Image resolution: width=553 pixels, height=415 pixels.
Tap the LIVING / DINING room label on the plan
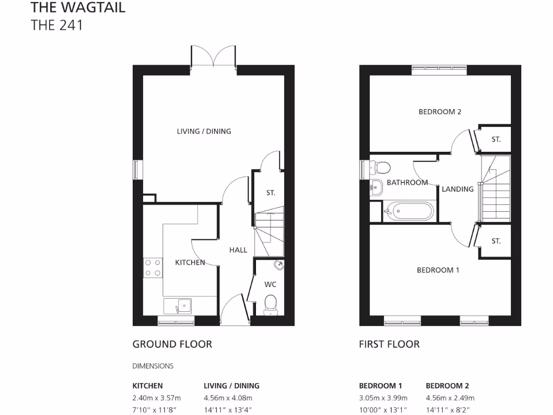tap(204, 131)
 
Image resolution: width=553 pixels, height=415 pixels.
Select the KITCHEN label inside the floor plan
tap(190, 263)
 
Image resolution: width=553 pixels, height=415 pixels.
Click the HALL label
tap(238, 250)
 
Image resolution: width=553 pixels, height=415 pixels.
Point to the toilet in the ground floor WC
tap(270, 304)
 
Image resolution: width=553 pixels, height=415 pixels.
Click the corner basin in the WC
tap(278, 265)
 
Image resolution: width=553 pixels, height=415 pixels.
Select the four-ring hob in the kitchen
tap(152, 267)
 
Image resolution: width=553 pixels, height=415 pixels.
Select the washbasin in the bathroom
tap(376, 187)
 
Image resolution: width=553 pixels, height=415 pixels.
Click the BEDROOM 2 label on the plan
tap(440, 112)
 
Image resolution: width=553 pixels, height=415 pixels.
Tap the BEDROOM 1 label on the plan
tap(437, 270)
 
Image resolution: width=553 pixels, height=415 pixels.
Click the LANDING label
tap(457, 189)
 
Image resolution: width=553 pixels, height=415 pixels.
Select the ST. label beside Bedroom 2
tap(496, 139)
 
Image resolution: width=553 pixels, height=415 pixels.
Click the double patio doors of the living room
tap(213, 57)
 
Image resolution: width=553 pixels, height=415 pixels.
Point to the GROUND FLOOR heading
tap(172, 344)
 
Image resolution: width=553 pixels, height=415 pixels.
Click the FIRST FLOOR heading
tap(389, 344)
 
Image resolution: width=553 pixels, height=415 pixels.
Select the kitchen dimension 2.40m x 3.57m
tap(157, 398)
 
